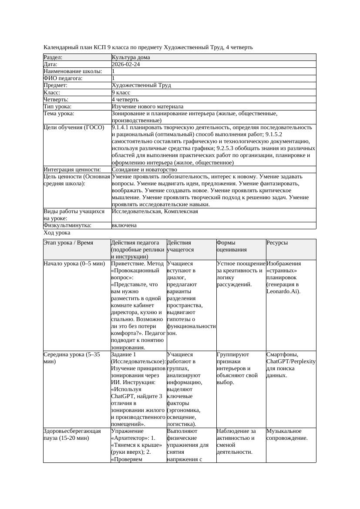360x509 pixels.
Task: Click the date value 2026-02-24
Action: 126,64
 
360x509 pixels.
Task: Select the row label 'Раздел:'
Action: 53,57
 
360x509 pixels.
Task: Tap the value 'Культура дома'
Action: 131,57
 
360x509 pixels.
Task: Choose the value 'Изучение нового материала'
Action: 148,107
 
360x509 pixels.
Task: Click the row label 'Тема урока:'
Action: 59,114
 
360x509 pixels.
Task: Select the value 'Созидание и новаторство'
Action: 145,170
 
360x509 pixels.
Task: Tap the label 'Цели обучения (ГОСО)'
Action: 74,127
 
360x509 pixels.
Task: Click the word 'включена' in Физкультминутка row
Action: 124,225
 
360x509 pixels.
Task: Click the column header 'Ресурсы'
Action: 277,243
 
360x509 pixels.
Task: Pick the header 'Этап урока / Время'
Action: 68,243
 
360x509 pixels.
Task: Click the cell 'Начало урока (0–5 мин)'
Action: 74,264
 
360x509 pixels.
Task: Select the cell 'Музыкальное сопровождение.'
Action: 287,435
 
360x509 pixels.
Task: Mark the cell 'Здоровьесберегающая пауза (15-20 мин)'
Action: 72,435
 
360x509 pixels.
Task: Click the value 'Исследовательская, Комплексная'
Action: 155,211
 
